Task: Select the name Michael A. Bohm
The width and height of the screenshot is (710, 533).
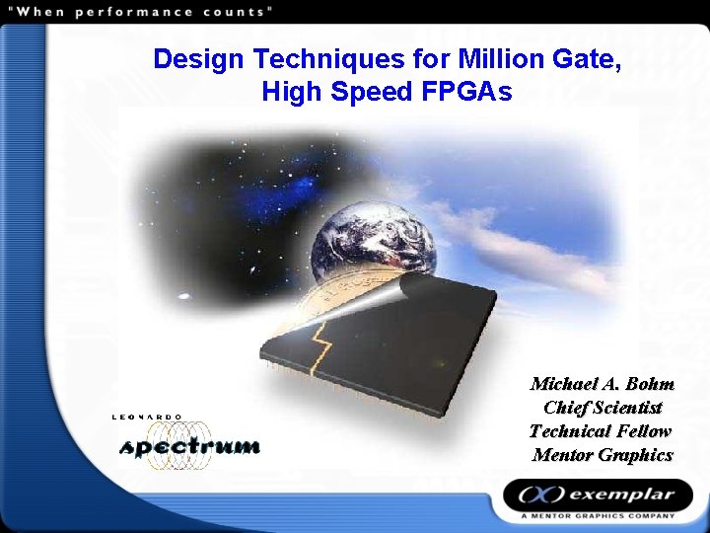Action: (602, 384)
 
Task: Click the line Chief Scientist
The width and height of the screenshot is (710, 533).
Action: (603, 408)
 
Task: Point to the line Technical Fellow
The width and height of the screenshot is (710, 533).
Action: (601, 431)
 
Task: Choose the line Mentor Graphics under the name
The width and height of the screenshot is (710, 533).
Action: (603, 455)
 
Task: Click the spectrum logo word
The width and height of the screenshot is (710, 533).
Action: (189, 446)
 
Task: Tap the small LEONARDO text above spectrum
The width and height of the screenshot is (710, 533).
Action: (147, 418)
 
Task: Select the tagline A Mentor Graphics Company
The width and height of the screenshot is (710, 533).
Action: (599, 515)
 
